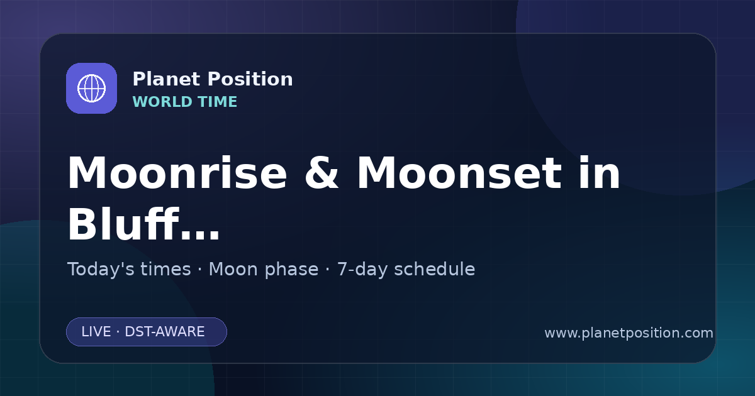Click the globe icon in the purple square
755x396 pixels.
coord(91,88)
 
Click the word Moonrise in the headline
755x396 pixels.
coord(177,173)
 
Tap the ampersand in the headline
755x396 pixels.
coord(322,173)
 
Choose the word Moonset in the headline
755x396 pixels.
coord(459,173)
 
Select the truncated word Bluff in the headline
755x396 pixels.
coord(123,224)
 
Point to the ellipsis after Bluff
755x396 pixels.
coord(200,234)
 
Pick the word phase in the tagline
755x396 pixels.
coord(291,270)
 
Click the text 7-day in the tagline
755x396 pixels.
coord(362,270)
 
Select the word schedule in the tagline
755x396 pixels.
coord(435,269)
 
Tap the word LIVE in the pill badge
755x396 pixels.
coord(96,332)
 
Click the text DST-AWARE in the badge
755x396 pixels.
coord(164,332)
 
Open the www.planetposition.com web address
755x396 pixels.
coord(629,333)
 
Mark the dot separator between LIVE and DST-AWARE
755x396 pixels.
coord(118,332)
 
